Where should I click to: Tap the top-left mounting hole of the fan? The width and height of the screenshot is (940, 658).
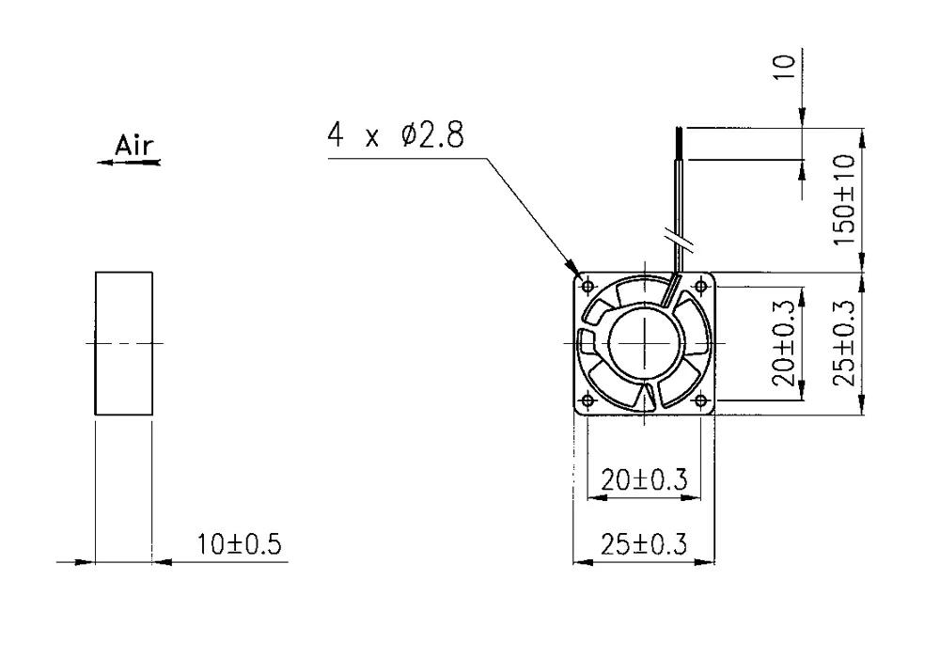588,286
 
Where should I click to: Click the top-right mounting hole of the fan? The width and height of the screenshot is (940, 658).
700,286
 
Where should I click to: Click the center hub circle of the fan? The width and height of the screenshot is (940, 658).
645,343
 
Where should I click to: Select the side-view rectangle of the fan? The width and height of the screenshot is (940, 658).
123,342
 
